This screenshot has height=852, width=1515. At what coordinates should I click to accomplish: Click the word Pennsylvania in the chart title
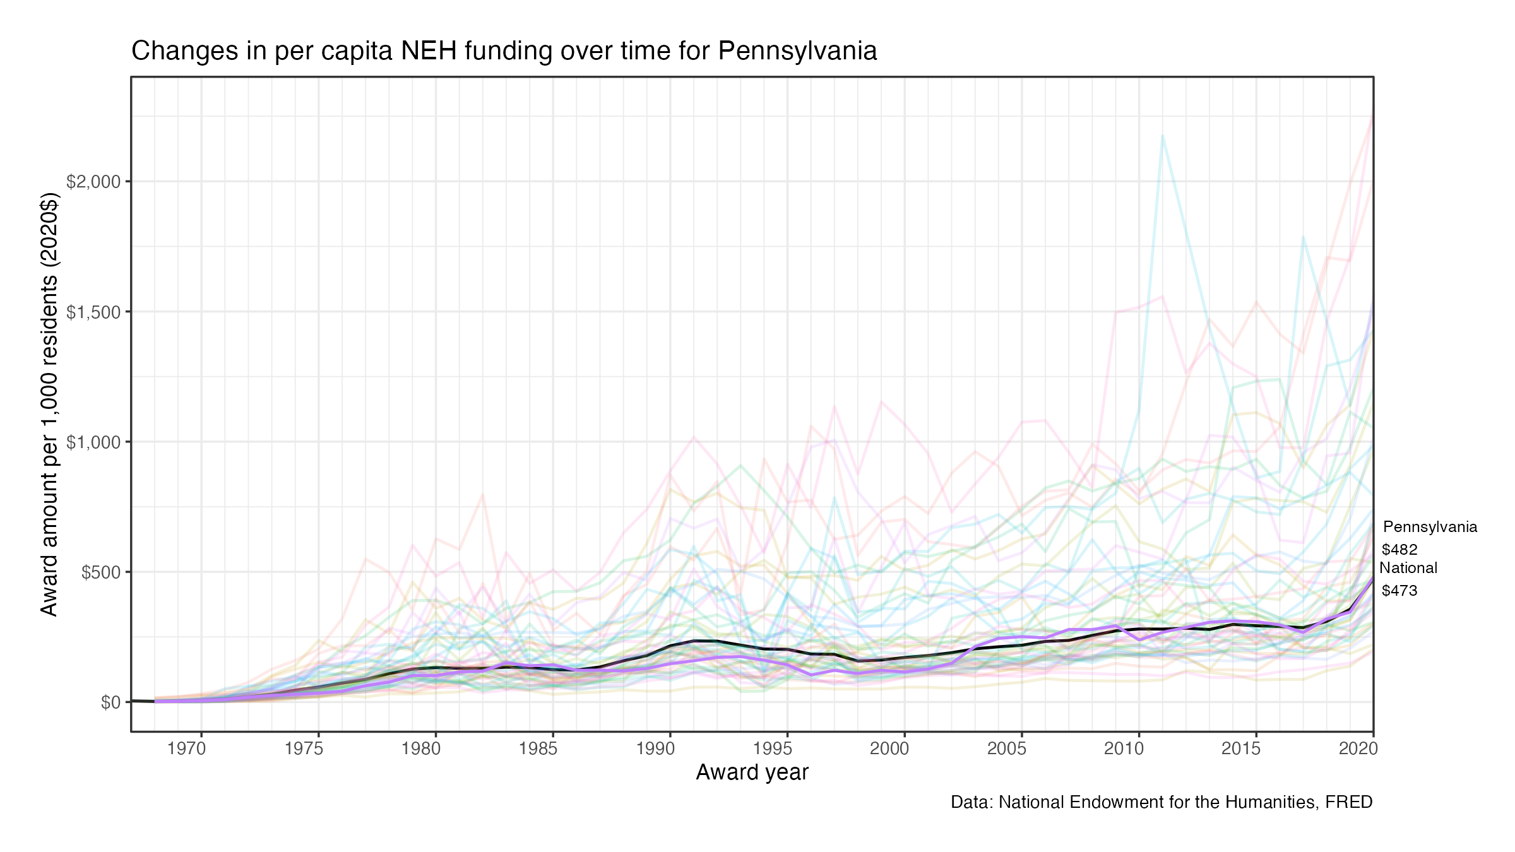click(797, 51)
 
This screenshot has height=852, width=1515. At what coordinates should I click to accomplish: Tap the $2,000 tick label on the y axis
click(93, 182)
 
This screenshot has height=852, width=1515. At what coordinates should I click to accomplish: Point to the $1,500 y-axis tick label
click(93, 312)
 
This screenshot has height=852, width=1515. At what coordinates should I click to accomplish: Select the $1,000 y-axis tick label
click(93, 442)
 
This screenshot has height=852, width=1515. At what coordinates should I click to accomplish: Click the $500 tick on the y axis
click(101, 572)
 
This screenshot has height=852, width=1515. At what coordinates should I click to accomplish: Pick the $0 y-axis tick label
click(110, 702)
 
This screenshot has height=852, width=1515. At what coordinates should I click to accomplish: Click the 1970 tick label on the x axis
click(186, 749)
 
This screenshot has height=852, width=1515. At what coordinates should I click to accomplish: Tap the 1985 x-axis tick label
click(538, 749)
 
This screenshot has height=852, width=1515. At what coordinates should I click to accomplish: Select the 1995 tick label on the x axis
click(772, 749)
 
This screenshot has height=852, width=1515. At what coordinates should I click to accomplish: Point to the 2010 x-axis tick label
click(1124, 749)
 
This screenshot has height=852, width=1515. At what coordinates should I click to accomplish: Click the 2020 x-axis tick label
click(1358, 749)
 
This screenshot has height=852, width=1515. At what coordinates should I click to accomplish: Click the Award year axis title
click(752, 772)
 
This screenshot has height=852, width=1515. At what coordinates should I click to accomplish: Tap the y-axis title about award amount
click(49, 404)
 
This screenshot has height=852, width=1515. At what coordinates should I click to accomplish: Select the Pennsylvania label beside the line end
click(1430, 527)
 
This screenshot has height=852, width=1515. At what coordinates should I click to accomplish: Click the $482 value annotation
click(1399, 550)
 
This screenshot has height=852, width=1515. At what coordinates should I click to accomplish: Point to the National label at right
click(1408, 568)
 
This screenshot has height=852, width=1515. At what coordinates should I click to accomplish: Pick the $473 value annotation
click(1399, 591)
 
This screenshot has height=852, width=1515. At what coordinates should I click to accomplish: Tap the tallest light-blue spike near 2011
click(1162, 135)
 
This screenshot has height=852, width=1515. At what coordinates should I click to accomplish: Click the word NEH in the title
click(429, 51)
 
